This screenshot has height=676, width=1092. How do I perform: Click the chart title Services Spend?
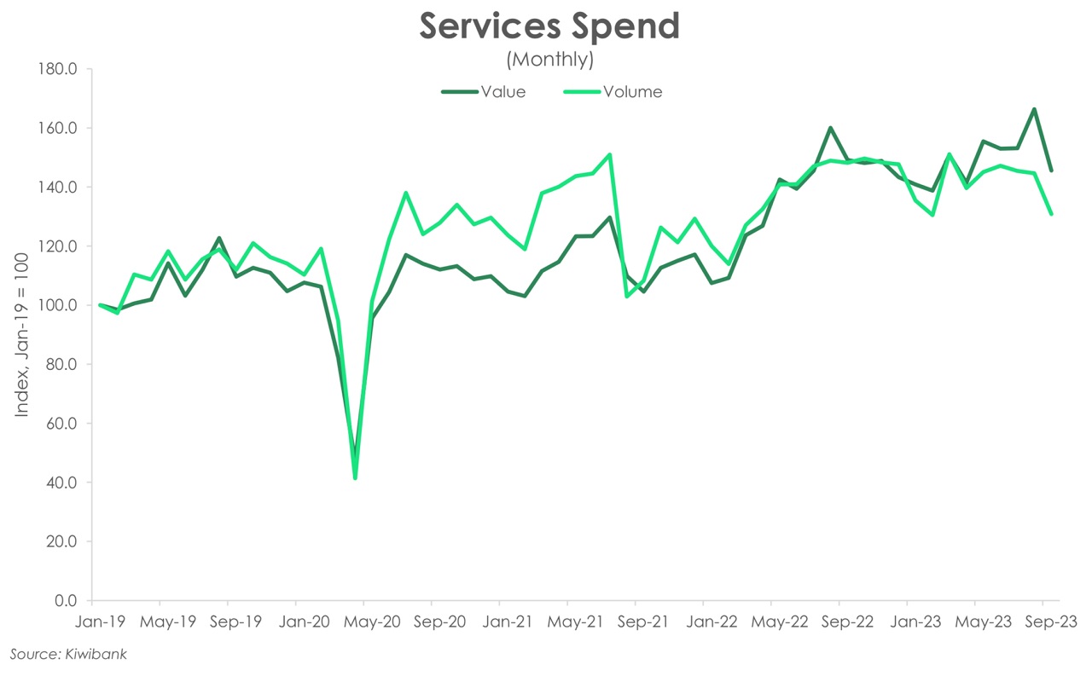tap(549, 26)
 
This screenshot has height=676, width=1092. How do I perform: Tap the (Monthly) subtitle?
tap(549, 60)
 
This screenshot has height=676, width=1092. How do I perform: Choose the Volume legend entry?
tap(632, 92)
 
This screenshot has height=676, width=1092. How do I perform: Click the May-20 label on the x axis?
tap(363, 621)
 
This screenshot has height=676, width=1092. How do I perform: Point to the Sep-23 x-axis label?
tap(1043, 621)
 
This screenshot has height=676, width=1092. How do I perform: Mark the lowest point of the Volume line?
tap(355, 478)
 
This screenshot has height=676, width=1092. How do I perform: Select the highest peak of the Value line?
tap(1034, 109)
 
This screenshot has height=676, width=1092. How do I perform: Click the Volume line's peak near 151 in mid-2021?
tap(610, 154)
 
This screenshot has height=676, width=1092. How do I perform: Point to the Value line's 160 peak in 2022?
tap(830, 128)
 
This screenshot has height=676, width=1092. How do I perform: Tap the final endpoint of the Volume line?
tap(1051, 214)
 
